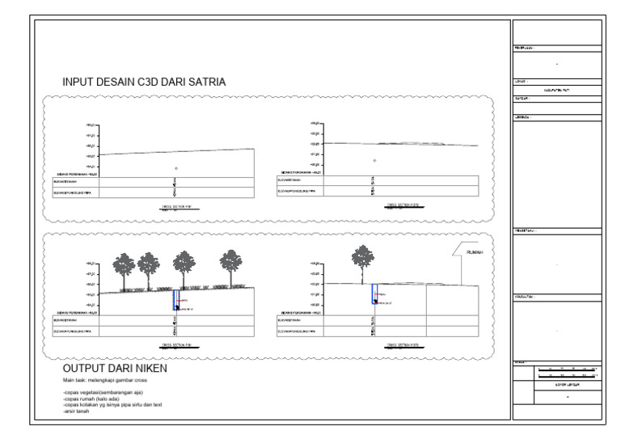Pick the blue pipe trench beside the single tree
pos(374,293)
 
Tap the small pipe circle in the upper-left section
pos(176,168)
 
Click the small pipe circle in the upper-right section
pos(374,160)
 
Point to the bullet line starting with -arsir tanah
pos(78,412)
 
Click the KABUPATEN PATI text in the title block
pos(556,90)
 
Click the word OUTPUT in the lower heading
pos(87,369)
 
